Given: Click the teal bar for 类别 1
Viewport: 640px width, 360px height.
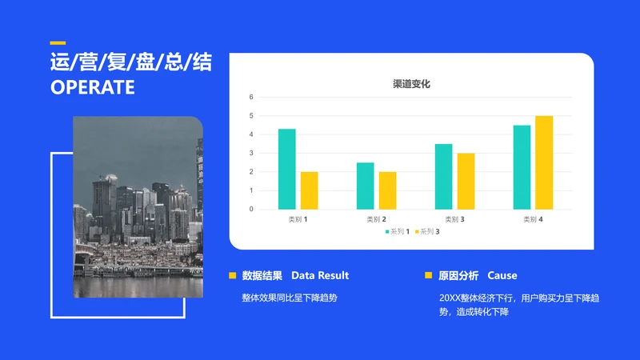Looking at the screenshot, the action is pyautogui.click(x=287, y=169).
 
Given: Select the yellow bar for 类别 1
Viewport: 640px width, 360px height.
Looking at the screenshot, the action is pyautogui.click(x=310, y=190).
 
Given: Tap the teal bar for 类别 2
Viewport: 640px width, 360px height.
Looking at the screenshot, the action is pyautogui.click(x=366, y=186).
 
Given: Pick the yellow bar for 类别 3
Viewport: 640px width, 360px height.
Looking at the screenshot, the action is pyautogui.click(x=466, y=182).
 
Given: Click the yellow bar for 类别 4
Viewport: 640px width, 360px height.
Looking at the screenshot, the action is pyautogui.click(x=544, y=162).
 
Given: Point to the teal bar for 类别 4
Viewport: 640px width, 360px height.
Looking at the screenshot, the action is pyautogui.click(x=522, y=167).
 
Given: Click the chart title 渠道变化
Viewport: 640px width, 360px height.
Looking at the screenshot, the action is pyautogui.click(x=411, y=84).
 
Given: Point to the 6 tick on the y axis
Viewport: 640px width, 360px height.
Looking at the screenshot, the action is pyautogui.click(x=251, y=97).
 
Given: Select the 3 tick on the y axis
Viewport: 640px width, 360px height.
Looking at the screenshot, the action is pyautogui.click(x=251, y=153).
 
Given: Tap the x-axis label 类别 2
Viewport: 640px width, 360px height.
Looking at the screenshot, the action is pyautogui.click(x=376, y=219).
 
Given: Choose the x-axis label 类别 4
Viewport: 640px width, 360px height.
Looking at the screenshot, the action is pyautogui.click(x=533, y=219).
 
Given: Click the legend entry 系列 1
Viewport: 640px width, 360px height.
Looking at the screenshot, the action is pyautogui.click(x=398, y=232).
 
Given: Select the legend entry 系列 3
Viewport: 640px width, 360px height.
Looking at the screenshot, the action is pyautogui.click(x=427, y=232).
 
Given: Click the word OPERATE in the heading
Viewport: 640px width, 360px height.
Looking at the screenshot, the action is pyautogui.click(x=93, y=87).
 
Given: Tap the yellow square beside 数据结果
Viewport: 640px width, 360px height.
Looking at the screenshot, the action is pyautogui.click(x=232, y=275).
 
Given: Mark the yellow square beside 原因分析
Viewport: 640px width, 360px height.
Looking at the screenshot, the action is pyautogui.click(x=428, y=275).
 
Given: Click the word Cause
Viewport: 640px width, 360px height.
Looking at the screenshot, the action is pyautogui.click(x=502, y=275).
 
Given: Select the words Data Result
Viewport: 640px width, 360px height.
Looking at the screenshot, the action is pyautogui.click(x=320, y=275).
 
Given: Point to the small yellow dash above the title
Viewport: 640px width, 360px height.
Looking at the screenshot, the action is pyautogui.click(x=58, y=43).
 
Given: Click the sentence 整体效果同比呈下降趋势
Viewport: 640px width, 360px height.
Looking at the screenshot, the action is pyautogui.click(x=290, y=298).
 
